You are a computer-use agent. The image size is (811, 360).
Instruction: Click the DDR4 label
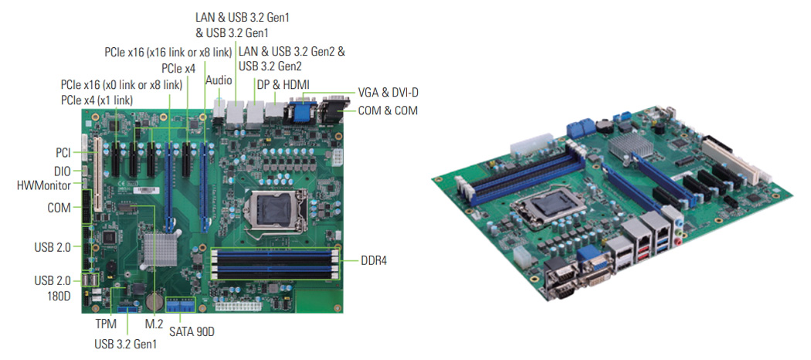[x=374, y=260]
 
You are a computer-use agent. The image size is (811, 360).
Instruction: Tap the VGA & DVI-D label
[x=388, y=93]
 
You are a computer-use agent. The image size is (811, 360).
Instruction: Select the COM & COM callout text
[x=388, y=110]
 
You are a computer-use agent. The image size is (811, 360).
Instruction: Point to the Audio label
[x=219, y=80]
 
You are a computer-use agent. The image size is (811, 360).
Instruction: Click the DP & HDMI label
[x=283, y=85]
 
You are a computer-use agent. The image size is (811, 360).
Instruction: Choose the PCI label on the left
[x=63, y=153]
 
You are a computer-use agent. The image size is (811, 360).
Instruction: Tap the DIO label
[x=62, y=170]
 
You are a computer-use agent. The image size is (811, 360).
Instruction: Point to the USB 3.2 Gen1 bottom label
[x=126, y=344]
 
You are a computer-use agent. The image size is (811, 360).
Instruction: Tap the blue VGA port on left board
[x=300, y=110]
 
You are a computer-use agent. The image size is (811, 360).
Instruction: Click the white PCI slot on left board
[x=96, y=175]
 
